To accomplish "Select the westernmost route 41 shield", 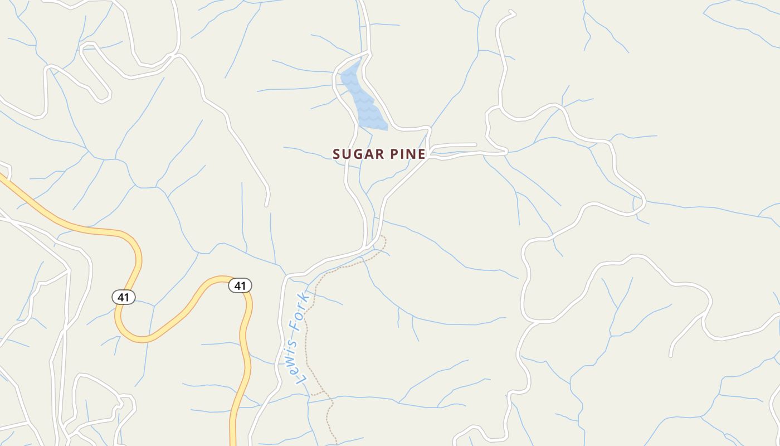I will coord(123,297).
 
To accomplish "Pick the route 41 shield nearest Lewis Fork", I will coord(240,286).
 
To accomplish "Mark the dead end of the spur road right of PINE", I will coord(475,145).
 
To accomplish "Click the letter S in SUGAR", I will coord(337,154).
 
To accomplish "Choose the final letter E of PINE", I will coord(422,154).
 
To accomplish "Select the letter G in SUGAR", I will coord(355,154).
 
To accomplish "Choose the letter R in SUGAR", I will coord(373,154).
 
